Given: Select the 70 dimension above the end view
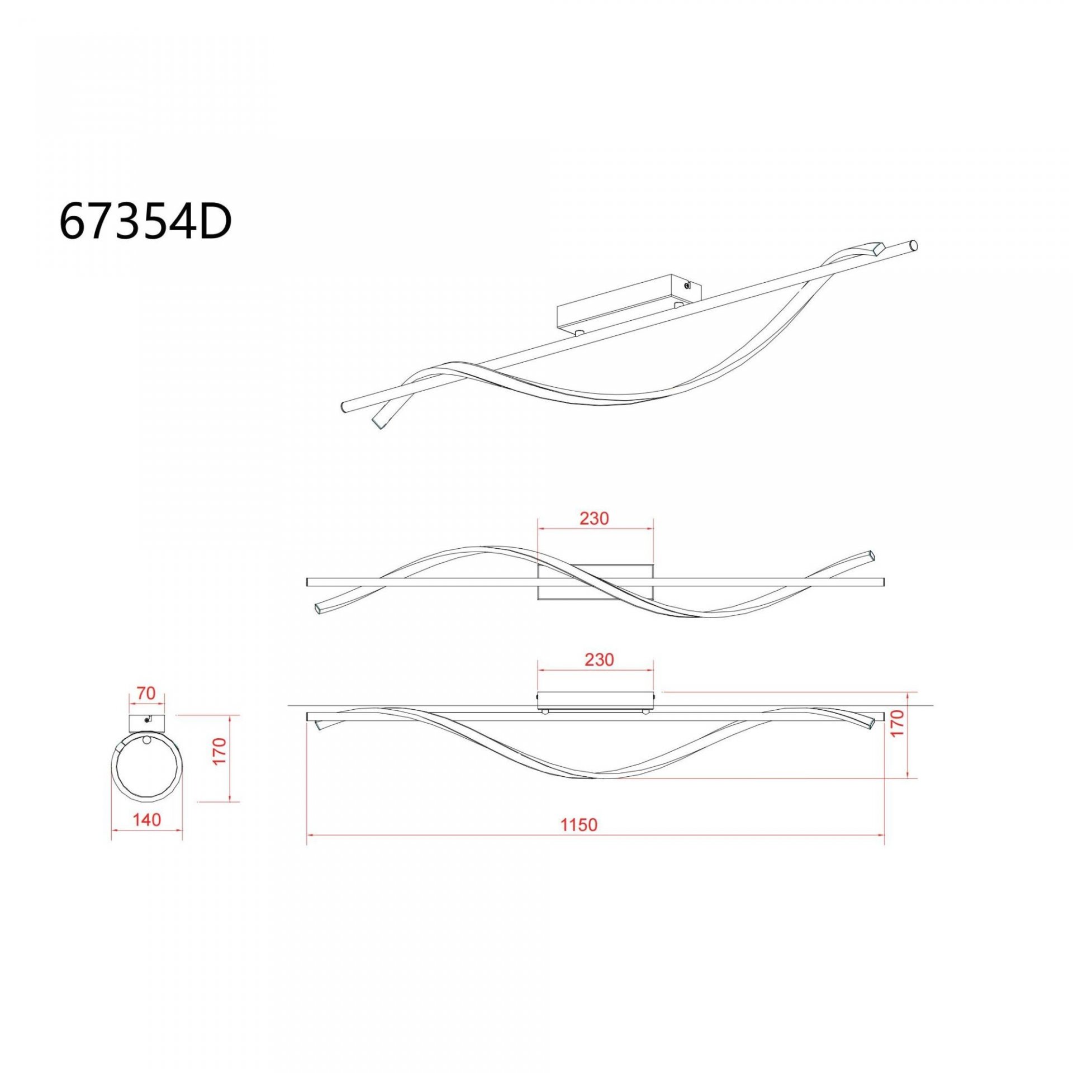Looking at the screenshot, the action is [146, 694].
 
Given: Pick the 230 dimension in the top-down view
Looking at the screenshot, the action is [594, 519].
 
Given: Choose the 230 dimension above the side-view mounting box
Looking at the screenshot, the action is [599, 659].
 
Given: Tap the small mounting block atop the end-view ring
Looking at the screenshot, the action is [148, 723].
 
